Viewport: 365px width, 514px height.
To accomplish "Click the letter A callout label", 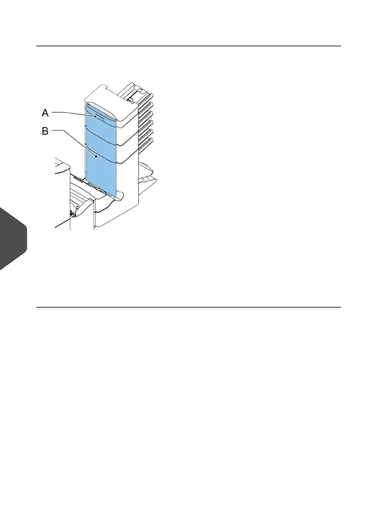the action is point(46,113).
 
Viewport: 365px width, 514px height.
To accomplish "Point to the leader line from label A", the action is point(73,113).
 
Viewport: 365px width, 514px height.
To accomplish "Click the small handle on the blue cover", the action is point(98,116).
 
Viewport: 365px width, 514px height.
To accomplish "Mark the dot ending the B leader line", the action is point(97,157).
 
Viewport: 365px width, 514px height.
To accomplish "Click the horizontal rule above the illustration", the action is point(189,46).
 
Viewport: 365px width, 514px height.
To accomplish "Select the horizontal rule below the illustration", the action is point(189,307).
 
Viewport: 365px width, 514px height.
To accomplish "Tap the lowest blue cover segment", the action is point(101,176).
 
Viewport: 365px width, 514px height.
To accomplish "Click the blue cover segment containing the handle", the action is point(101,118).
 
